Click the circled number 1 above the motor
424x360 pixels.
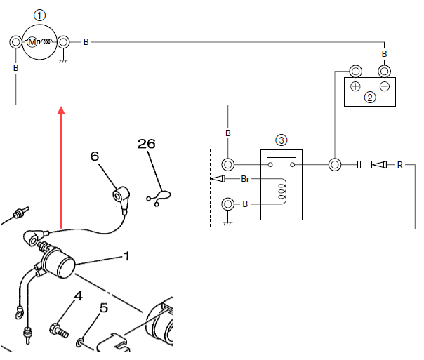[x=39, y=15]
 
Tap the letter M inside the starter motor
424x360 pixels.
[x=32, y=42]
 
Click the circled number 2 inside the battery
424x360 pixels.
[x=370, y=98]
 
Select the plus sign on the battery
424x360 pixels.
[x=355, y=86]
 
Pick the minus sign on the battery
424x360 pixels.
[x=385, y=86]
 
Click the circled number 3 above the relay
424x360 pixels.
[x=281, y=140]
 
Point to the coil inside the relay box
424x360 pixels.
[x=282, y=192]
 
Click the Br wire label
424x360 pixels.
[x=245, y=179]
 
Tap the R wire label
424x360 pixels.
[x=399, y=165]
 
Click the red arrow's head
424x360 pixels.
[x=61, y=110]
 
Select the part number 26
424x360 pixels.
[x=146, y=144]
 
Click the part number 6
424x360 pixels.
[x=95, y=156]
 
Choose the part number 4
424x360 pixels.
[x=78, y=295]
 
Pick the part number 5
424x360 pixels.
[x=104, y=307]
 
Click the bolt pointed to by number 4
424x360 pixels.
[x=59, y=331]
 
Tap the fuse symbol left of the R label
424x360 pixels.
[x=364, y=164]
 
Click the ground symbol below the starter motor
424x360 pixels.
[x=63, y=61]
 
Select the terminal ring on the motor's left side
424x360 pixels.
[x=15, y=42]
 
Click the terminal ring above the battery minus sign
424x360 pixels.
[x=384, y=72]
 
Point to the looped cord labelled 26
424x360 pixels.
[x=159, y=198]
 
